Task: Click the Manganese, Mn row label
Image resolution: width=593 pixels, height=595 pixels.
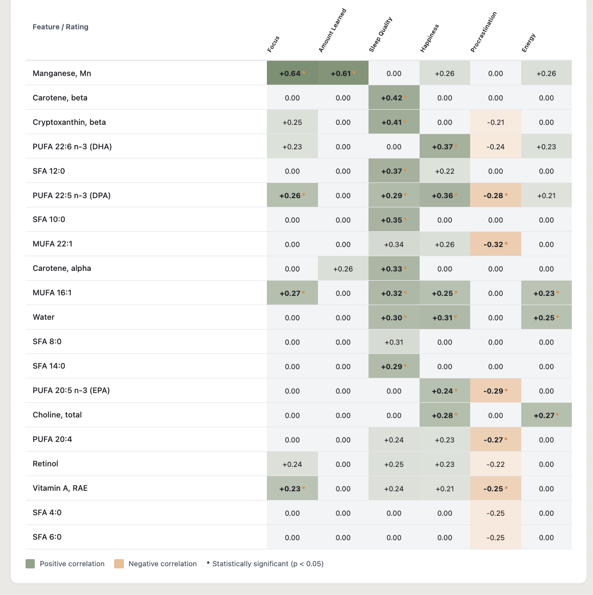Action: (61, 73)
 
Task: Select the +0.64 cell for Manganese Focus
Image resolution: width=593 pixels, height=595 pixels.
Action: (292, 73)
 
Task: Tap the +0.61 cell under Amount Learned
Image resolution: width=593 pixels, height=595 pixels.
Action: (343, 73)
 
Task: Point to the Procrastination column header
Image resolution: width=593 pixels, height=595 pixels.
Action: (483, 33)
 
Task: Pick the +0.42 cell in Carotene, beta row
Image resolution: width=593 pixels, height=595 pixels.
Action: (394, 98)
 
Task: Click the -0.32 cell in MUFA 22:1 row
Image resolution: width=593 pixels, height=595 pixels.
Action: (495, 244)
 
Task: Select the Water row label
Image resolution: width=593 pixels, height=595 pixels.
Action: (43, 317)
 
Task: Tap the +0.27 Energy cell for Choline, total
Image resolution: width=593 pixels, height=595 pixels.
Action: (546, 415)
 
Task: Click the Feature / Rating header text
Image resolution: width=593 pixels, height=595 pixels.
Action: (60, 27)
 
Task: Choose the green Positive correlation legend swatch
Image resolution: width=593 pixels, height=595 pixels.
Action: (30, 564)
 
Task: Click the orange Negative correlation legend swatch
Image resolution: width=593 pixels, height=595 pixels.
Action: (119, 564)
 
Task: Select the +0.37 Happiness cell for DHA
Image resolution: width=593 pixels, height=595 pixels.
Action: (445, 147)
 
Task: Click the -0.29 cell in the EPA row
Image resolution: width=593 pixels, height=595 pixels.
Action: (495, 391)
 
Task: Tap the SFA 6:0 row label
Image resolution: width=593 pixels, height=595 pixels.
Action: (47, 537)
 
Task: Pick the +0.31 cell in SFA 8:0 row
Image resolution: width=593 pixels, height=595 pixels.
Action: (394, 342)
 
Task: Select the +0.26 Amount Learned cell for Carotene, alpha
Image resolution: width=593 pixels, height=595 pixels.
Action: (343, 269)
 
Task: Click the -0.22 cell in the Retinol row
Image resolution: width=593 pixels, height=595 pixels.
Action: (495, 464)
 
